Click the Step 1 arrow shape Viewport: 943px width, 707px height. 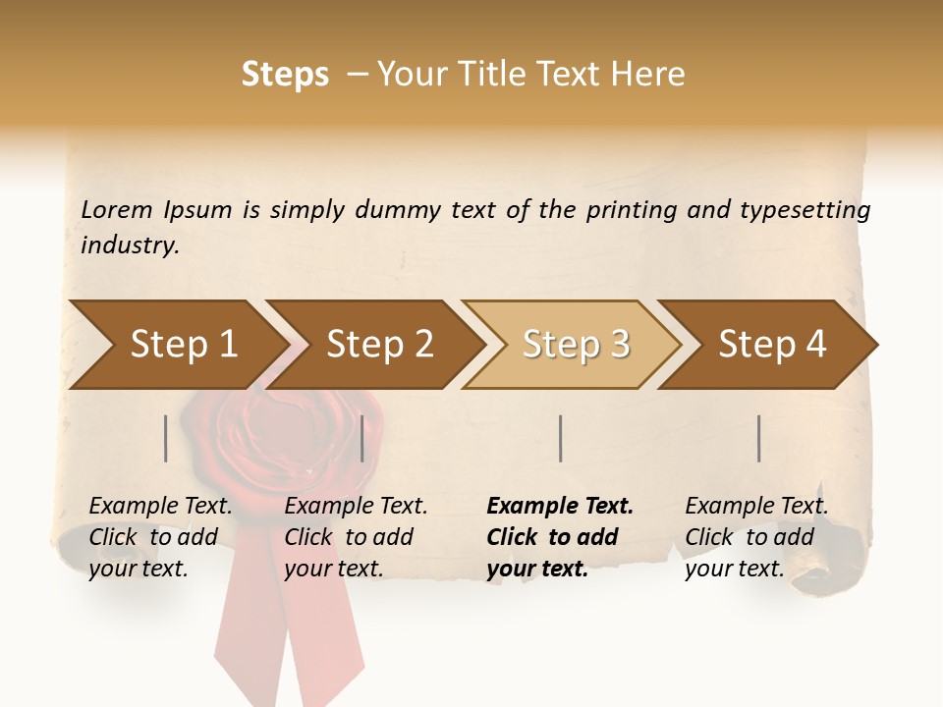point(177,345)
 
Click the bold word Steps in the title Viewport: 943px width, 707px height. point(285,75)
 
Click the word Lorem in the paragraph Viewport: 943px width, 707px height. point(117,209)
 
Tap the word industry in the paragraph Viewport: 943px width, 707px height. point(130,245)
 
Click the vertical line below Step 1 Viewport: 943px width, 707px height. point(166,438)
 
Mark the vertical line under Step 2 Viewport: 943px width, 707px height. point(362,438)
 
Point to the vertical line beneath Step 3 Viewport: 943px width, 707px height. point(560,438)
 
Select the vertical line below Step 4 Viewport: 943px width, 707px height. point(759,438)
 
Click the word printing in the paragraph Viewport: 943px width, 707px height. point(632,209)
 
